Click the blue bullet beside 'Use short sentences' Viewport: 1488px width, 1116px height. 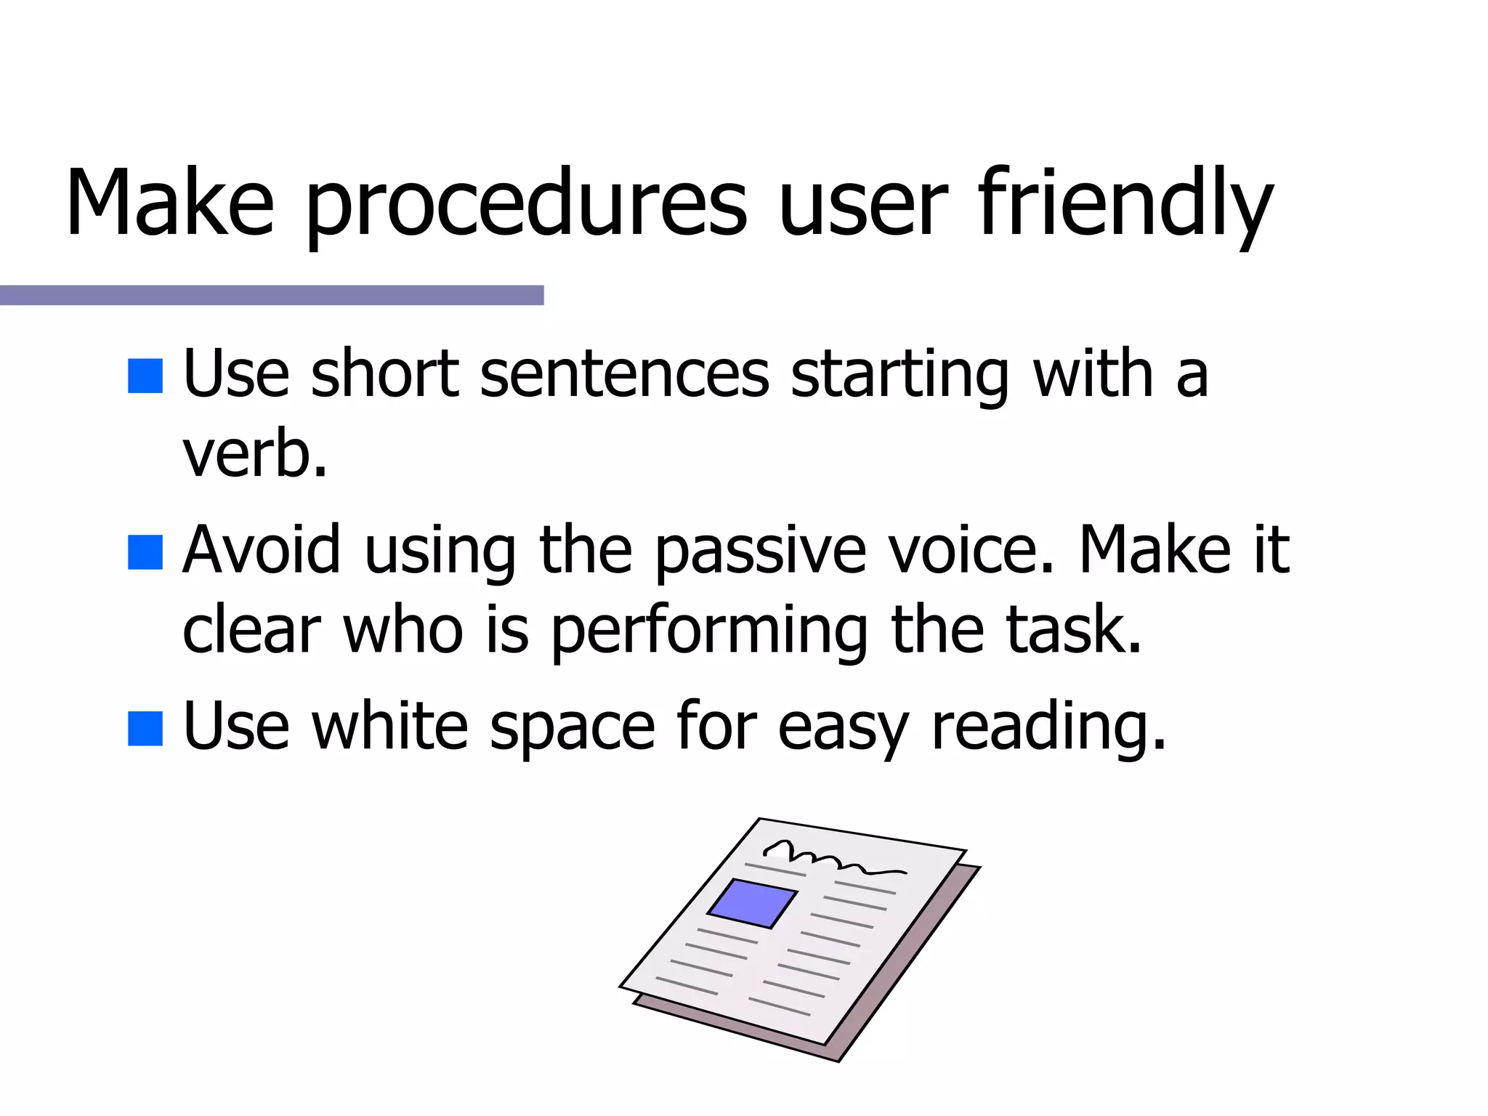tap(145, 376)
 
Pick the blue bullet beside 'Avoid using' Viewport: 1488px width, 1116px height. tap(145, 552)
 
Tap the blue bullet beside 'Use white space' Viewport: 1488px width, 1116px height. tap(145, 728)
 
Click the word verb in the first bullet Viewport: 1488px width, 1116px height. tap(254, 455)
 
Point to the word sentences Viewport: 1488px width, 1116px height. tap(624, 374)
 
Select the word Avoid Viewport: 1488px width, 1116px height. tap(262, 550)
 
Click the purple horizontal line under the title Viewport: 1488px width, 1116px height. tap(271, 295)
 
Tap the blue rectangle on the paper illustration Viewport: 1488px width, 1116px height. tap(753, 903)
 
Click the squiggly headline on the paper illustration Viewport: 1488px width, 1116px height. tap(832, 857)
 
